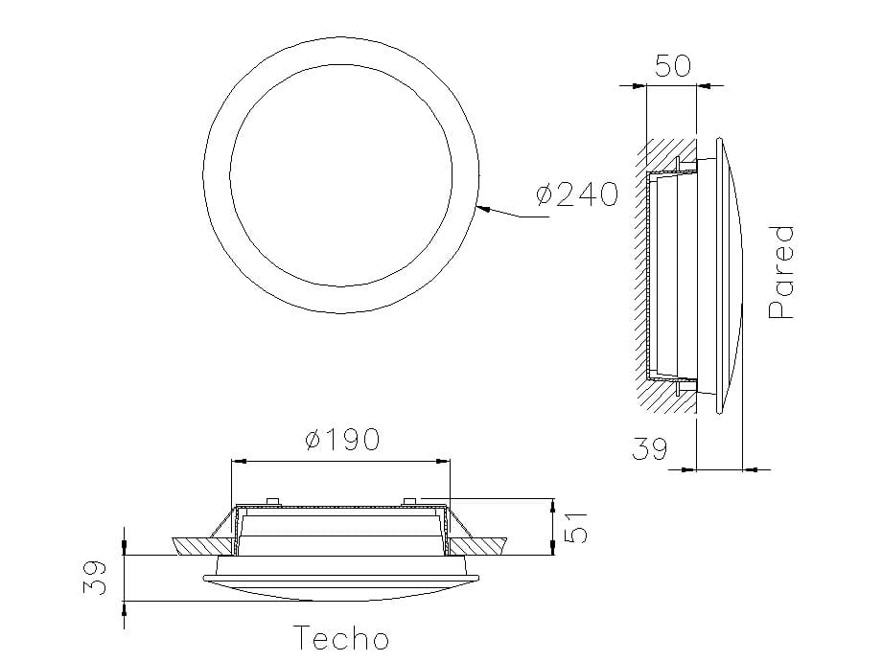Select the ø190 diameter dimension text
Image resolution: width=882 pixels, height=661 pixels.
pyautogui.click(x=342, y=440)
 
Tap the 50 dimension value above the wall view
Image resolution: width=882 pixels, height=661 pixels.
pyautogui.click(x=673, y=66)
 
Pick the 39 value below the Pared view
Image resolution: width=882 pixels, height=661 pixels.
pyautogui.click(x=649, y=449)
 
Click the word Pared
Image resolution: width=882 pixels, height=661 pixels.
pyautogui.click(x=782, y=272)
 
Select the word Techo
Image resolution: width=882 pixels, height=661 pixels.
pyautogui.click(x=340, y=638)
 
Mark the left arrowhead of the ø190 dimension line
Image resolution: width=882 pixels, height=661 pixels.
pyautogui.click(x=238, y=462)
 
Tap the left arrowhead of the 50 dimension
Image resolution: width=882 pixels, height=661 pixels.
pyautogui.click(x=639, y=85)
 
